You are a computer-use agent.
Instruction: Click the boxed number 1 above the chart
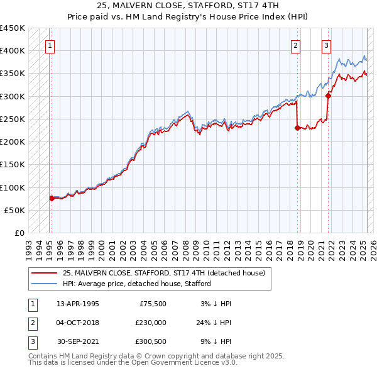[x=50, y=45]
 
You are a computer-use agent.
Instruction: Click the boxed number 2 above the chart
[x=295, y=45]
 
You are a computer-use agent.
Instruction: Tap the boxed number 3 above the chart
[x=327, y=45]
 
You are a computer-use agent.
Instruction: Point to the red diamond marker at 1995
[x=52, y=198]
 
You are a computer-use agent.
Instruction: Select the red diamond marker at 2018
[x=297, y=128]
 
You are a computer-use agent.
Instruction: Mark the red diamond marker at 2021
[x=328, y=96]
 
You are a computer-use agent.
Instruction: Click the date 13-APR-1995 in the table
[x=77, y=304]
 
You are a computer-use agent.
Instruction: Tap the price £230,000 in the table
[x=150, y=323]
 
